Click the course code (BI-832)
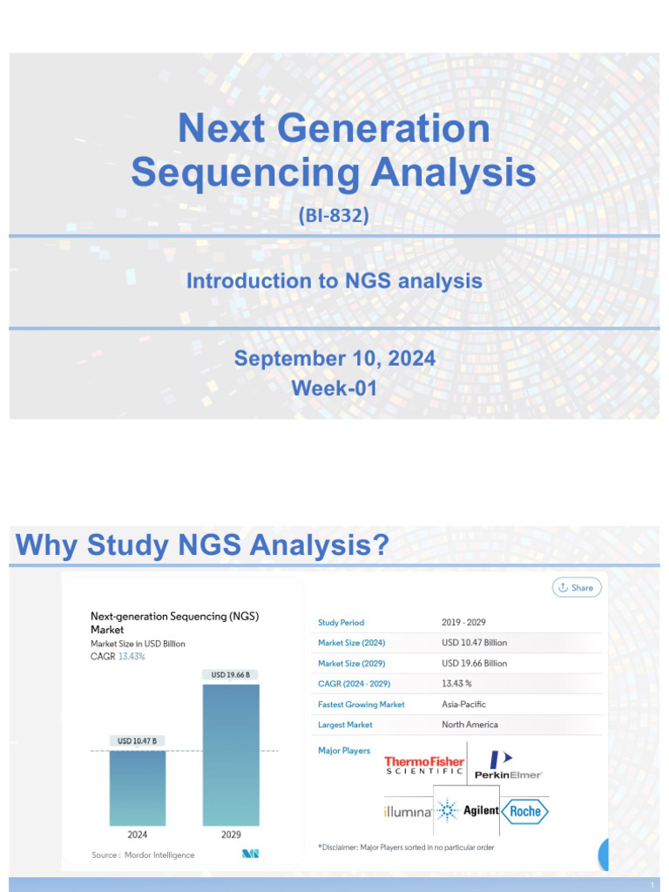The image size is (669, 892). (x=334, y=214)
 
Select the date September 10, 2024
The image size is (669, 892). (x=334, y=358)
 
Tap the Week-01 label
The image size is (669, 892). (x=334, y=389)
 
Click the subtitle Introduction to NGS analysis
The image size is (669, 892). (x=334, y=281)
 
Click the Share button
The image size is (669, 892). (x=577, y=587)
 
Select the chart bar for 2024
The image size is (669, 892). (x=137, y=787)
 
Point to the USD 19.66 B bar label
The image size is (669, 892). (x=231, y=674)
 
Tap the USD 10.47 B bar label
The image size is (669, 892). (x=137, y=741)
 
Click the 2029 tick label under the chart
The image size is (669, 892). (x=231, y=835)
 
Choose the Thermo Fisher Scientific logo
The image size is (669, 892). (x=424, y=766)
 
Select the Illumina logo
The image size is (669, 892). (x=408, y=812)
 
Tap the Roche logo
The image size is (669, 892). (x=525, y=812)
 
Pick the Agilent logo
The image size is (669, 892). (x=468, y=811)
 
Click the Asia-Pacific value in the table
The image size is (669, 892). (x=463, y=704)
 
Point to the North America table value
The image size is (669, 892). (x=470, y=725)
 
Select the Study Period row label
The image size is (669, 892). (x=341, y=623)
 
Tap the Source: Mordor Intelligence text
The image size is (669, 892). (x=143, y=855)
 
